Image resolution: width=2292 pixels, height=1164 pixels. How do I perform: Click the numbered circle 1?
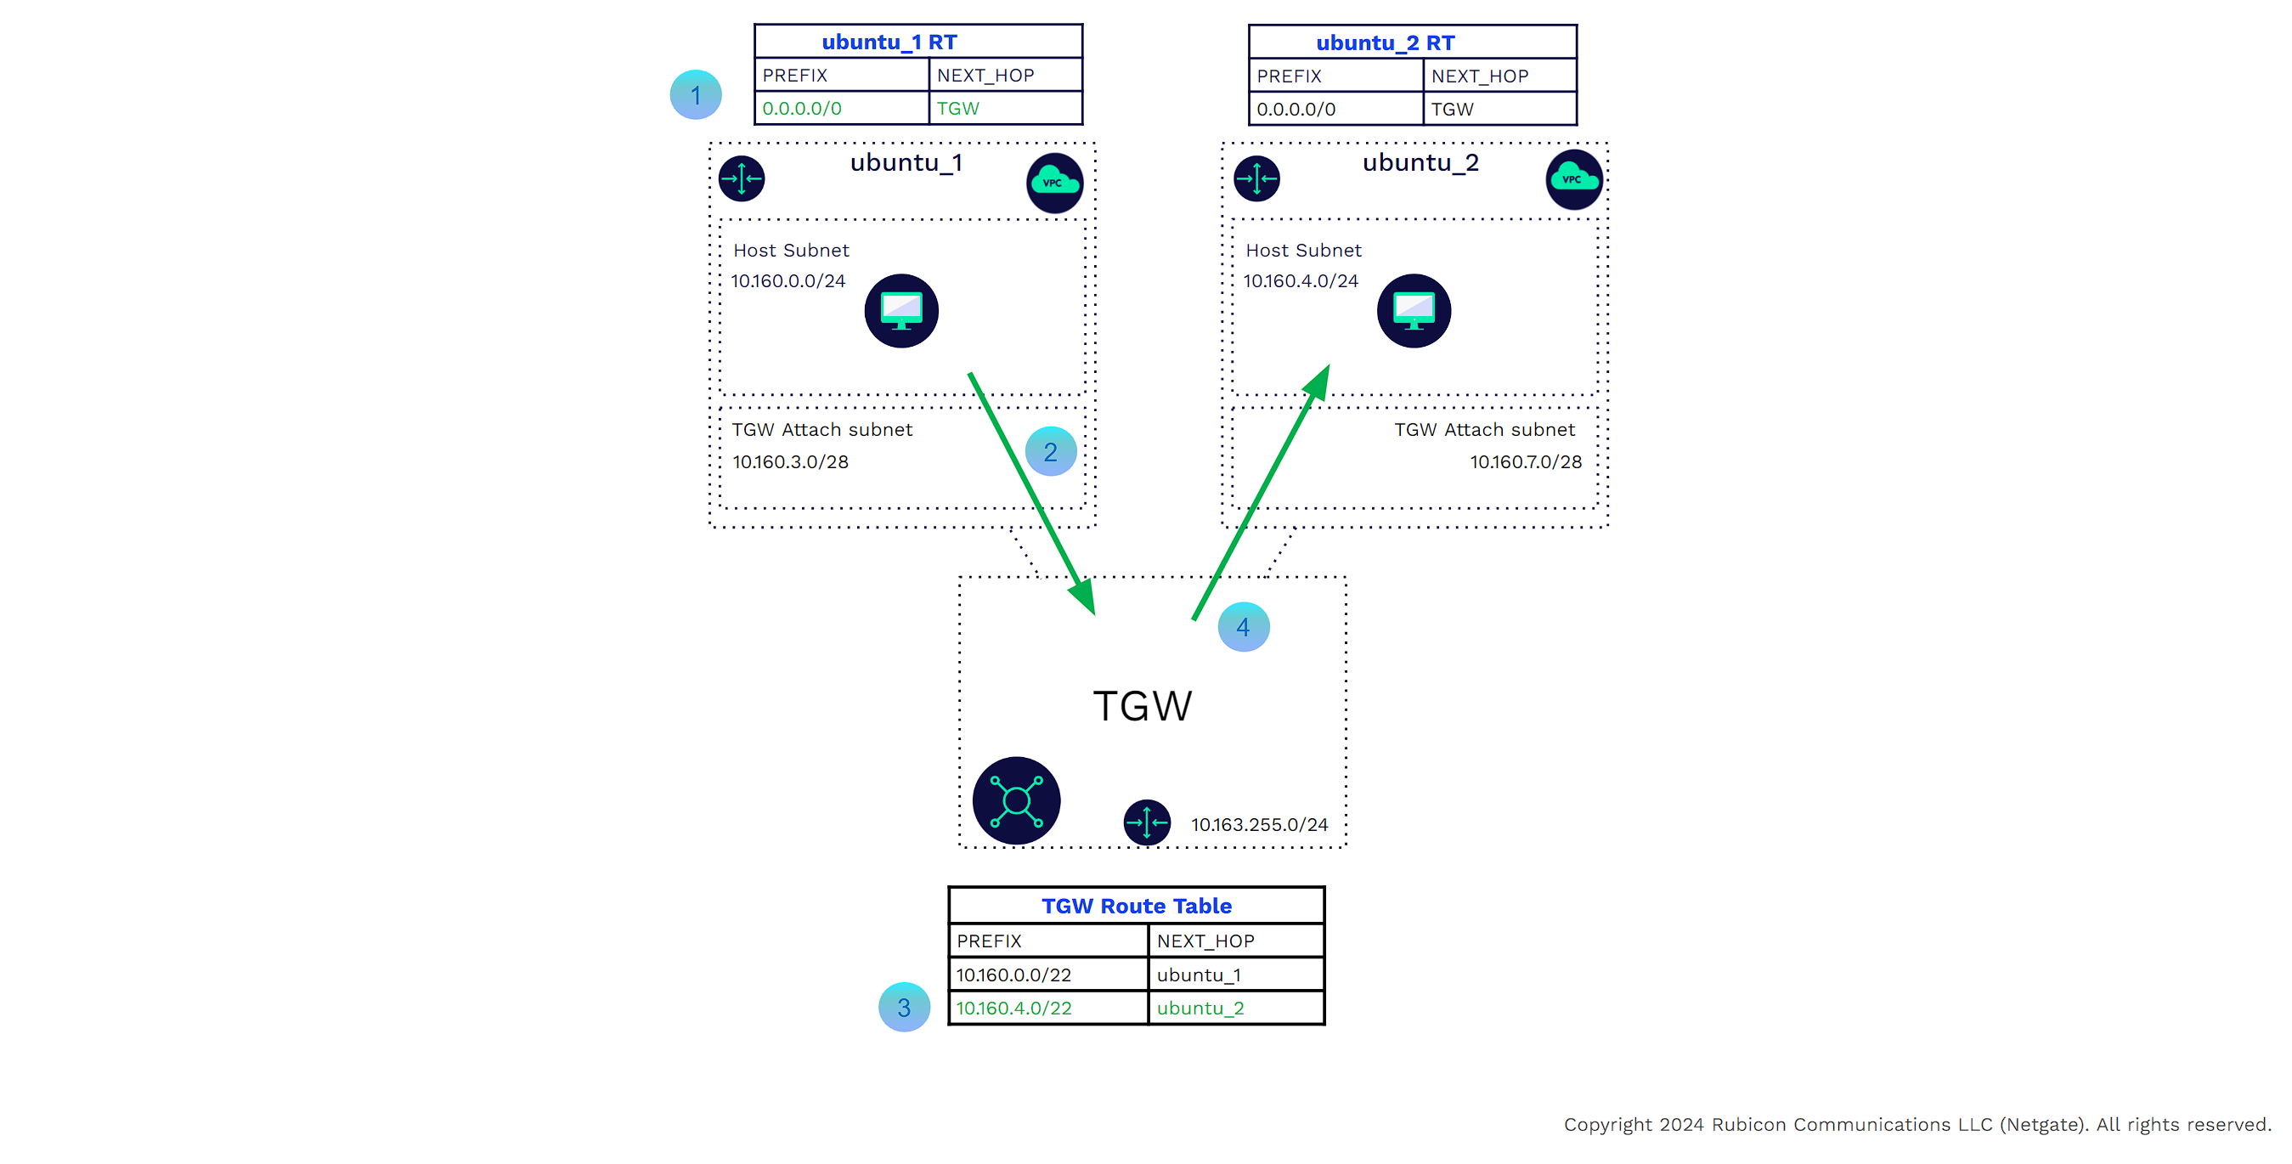click(695, 94)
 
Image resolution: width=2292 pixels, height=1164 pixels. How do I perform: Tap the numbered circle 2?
click(1050, 452)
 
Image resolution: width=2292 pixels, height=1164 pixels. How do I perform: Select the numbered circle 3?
click(903, 1008)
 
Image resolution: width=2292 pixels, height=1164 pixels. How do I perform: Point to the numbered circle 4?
click(1243, 627)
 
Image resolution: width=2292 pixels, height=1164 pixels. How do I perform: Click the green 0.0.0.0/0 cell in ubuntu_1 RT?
click(802, 109)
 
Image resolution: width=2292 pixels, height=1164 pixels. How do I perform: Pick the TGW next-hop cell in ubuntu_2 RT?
click(1452, 110)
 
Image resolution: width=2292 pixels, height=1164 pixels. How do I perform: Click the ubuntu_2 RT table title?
click(1385, 42)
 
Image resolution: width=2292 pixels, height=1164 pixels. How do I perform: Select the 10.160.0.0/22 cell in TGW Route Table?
click(1013, 975)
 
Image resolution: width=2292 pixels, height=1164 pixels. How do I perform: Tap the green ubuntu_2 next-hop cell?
click(1200, 1009)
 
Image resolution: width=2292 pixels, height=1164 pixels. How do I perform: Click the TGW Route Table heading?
click(1136, 906)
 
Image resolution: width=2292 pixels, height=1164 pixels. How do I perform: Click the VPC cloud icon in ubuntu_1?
click(1054, 184)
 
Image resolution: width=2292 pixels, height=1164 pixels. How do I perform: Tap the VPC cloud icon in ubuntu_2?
click(1573, 180)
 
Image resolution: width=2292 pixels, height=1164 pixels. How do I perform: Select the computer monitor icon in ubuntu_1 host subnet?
click(901, 311)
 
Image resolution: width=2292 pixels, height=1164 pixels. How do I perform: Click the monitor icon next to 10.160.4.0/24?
click(1414, 311)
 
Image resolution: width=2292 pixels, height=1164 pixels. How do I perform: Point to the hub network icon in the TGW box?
click(1016, 800)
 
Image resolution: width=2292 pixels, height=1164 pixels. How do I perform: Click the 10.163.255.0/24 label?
click(1259, 825)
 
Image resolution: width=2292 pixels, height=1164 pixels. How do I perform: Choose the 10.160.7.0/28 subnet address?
click(1525, 462)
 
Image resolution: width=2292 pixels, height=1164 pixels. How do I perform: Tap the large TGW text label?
click(1142, 707)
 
